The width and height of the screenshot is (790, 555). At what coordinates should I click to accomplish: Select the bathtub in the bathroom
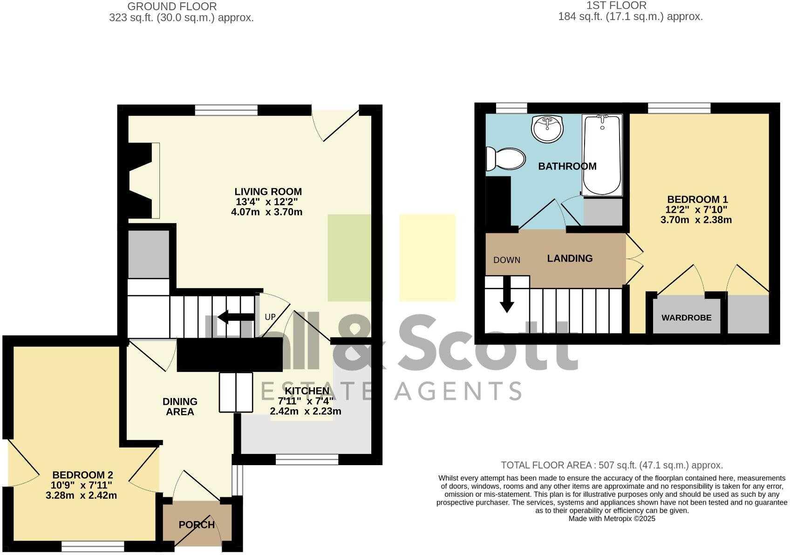602,155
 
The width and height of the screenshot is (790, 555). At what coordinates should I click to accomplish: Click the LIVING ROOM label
268,191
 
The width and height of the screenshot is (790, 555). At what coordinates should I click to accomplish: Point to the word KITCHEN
306,391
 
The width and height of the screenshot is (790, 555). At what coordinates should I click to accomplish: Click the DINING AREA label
180,406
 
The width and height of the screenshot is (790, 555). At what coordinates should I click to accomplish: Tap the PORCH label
197,525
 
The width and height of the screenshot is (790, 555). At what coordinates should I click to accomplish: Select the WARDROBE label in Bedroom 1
686,318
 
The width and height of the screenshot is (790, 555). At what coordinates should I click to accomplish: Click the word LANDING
570,258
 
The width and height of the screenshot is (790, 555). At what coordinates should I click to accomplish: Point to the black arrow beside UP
229,317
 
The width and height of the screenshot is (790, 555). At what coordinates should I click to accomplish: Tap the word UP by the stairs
270,317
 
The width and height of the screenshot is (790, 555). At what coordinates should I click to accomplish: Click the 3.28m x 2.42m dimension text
81,495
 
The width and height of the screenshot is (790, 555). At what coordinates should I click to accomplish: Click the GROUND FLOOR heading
172,7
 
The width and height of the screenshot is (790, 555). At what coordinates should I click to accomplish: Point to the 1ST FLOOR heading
616,6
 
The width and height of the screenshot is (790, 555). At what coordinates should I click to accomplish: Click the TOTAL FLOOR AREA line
612,465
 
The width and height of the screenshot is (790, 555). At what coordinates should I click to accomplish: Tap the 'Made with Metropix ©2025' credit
612,518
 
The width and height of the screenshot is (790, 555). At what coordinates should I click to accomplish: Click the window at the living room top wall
226,110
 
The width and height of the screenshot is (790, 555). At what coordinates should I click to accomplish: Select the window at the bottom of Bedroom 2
93,546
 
